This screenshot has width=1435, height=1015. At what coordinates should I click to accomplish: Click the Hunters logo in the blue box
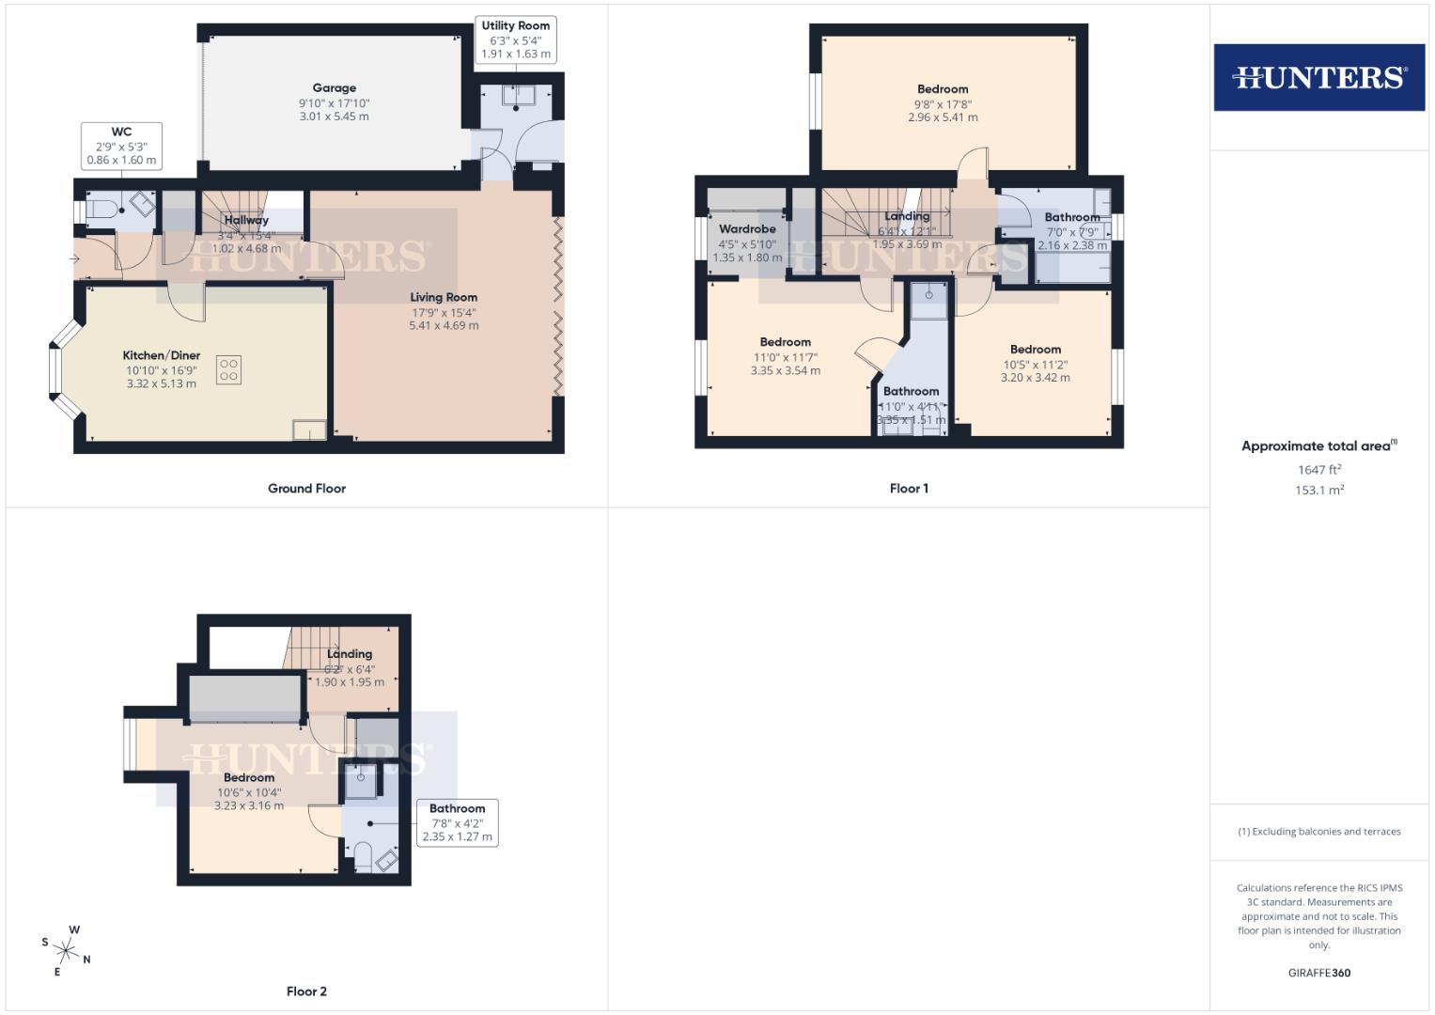pyautogui.click(x=1318, y=77)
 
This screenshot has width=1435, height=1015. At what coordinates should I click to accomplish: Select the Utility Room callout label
pyautogui.click(x=516, y=39)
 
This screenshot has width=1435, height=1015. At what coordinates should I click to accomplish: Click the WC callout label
pyautogui.click(x=121, y=146)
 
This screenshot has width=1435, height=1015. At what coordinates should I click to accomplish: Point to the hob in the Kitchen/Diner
pyautogui.click(x=228, y=368)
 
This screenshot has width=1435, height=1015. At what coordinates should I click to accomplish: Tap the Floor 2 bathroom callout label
pyautogui.click(x=458, y=822)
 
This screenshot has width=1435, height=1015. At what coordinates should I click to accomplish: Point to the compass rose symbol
pyautogui.click(x=67, y=949)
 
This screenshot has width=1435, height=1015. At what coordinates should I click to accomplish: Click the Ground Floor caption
pyautogui.click(x=306, y=489)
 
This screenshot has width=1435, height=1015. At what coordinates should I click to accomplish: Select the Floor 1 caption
pyautogui.click(x=909, y=489)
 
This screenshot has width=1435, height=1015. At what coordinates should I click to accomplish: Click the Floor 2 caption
pyautogui.click(x=306, y=992)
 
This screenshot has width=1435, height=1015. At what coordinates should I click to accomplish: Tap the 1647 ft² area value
pyautogui.click(x=1318, y=470)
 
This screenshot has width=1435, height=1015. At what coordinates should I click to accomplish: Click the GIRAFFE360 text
pyautogui.click(x=1318, y=973)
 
